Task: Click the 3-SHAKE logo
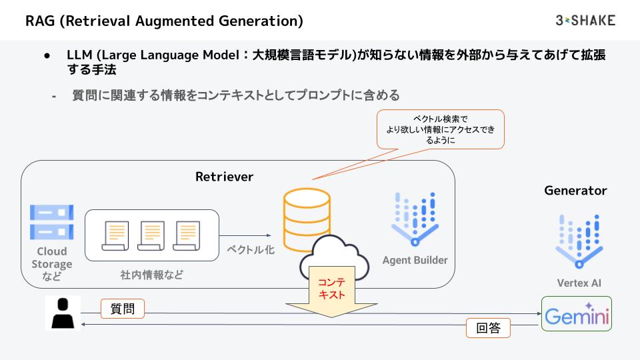[x=585, y=21]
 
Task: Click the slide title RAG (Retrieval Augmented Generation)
[x=164, y=21]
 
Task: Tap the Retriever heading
[x=224, y=177]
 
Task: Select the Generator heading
[x=575, y=191]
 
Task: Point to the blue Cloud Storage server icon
[x=51, y=222]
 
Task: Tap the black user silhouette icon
[x=63, y=313]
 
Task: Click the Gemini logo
[x=576, y=316]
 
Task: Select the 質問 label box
[x=123, y=308]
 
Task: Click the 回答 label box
[x=488, y=328]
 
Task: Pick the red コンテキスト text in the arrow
[x=331, y=287]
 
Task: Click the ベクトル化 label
[x=251, y=250]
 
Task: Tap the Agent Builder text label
[x=415, y=260]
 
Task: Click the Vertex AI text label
[x=579, y=283]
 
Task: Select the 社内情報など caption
[x=151, y=275]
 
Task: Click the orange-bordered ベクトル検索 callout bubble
[x=440, y=129]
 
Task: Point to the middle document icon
[x=151, y=235]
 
